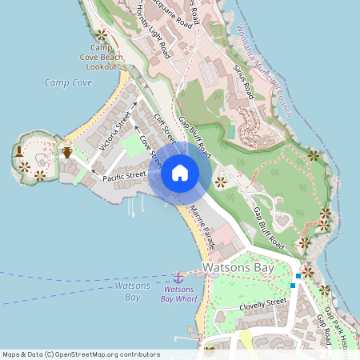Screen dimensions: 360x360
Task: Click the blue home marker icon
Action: point(180,173)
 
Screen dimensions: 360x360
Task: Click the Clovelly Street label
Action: point(263,303)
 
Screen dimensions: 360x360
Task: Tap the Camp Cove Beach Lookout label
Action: point(102,58)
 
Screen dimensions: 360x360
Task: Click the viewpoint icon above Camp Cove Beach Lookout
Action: point(101,35)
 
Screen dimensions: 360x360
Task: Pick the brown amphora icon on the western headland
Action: point(67,152)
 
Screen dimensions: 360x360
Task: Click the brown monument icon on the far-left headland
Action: point(18,151)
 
